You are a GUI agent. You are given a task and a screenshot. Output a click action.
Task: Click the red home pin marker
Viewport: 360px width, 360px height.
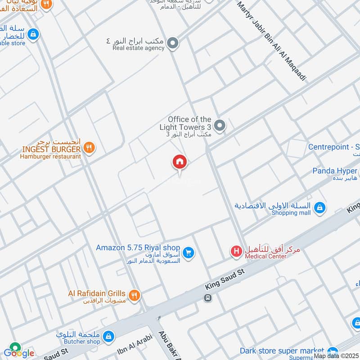coord(180,162)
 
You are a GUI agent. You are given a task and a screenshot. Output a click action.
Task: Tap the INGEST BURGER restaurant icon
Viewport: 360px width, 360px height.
coord(89,148)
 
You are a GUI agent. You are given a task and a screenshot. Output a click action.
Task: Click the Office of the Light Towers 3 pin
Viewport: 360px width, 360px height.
coord(219,126)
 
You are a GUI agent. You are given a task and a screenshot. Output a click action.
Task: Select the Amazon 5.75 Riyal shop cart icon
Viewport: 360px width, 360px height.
coord(189,253)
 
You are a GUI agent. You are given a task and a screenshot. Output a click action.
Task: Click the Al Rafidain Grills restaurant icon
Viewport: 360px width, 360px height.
coord(134,295)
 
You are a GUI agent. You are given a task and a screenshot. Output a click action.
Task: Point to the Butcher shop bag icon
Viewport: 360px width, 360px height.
coord(108,336)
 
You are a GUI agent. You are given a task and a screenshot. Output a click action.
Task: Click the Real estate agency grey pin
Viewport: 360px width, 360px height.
coord(173,44)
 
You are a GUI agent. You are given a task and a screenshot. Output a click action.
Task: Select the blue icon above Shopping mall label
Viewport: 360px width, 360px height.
coord(319,207)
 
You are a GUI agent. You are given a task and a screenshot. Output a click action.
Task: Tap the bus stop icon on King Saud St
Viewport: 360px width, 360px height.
coord(207,298)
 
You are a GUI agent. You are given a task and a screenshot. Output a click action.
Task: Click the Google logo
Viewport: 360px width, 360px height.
coord(18,352)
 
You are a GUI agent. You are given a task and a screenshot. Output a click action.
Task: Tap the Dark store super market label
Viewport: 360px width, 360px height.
coord(282,351)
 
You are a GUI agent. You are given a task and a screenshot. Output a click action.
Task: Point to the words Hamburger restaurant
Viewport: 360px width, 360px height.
coord(50,156)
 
